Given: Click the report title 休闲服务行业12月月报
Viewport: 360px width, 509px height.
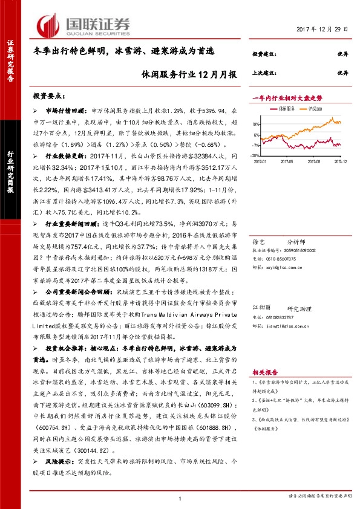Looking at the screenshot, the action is (189, 74).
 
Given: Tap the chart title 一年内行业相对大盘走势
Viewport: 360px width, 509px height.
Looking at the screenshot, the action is (287, 97).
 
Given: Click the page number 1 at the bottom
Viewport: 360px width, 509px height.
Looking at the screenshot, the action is (180, 498).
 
